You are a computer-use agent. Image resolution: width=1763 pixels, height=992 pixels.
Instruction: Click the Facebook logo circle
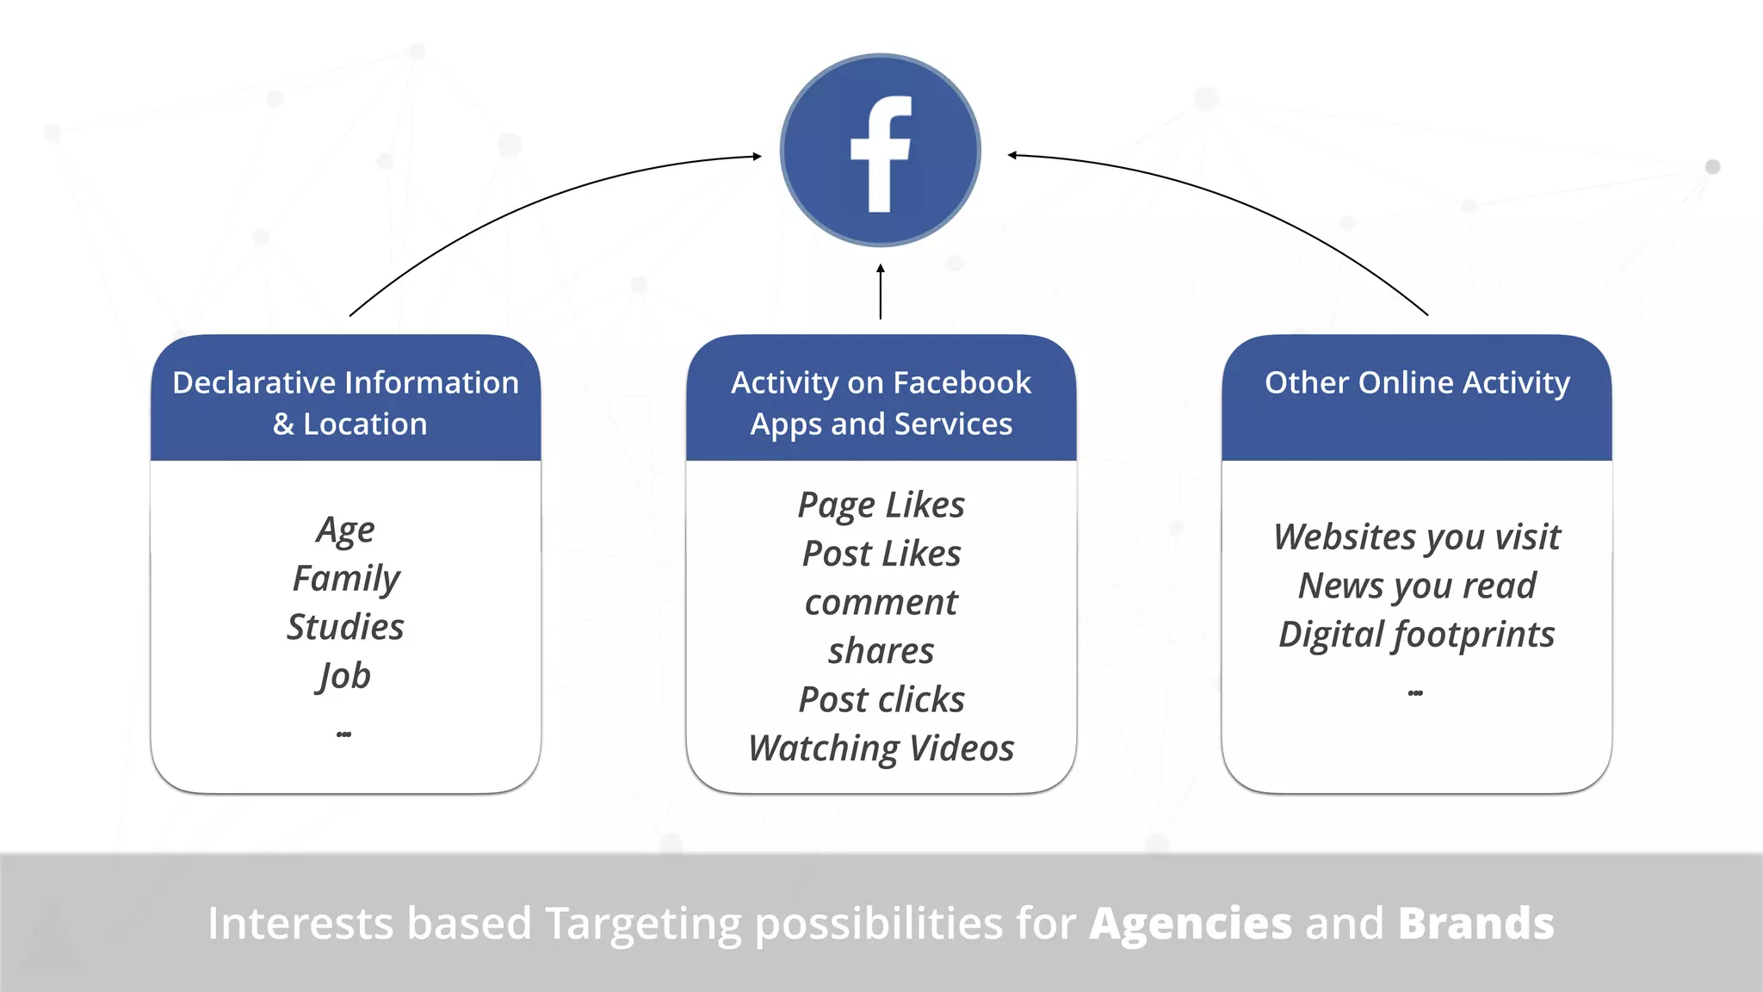[880, 151]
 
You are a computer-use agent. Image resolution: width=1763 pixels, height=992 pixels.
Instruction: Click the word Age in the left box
[345, 530]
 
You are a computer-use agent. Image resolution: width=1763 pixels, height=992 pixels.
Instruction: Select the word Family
[346, 579]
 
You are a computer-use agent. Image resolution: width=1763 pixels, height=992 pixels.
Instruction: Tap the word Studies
[345, 627]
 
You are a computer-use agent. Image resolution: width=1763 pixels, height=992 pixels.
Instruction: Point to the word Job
[344, 676]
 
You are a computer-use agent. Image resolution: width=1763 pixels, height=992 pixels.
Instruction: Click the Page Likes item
[881, 505]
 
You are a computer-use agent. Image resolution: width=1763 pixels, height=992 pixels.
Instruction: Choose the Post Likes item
[881, 554]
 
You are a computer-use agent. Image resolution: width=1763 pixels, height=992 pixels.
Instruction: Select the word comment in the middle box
[881, 603]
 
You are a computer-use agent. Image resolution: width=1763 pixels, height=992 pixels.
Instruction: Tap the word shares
[881, 651]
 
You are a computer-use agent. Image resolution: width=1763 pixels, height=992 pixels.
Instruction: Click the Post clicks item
[881, 699]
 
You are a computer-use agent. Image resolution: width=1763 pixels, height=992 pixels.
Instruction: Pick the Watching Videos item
[881, 748]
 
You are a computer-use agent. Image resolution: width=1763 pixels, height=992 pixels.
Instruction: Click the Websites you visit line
[1416, 537]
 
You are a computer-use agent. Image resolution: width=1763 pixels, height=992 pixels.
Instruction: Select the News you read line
[1416, 586]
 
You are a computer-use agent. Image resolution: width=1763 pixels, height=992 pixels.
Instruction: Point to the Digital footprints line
[1416, 635]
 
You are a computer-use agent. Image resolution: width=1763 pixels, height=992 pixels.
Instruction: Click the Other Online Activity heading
[1417, 382]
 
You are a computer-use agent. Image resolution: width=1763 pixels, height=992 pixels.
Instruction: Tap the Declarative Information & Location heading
[346, 402]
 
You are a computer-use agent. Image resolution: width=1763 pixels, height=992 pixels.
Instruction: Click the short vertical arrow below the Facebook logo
[880, 292]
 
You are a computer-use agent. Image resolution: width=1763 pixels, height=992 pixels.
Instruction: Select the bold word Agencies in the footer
[1191, 923]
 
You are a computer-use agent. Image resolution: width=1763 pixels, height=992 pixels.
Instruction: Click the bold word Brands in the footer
[1475, 923]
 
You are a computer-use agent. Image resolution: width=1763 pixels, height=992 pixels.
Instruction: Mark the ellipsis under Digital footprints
[1415, 693]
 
